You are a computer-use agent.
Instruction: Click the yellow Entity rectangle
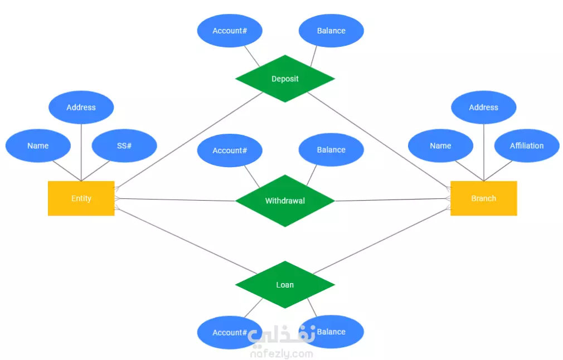tap(81, 198)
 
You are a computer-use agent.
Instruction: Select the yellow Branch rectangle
tap(484, 198)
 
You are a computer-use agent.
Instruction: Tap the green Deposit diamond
tap(285, 79)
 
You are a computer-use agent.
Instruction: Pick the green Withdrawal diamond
tap(285, 201)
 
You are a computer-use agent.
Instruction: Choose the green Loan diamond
tap(285, 285)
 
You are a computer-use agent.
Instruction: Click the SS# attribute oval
tap(124, 145)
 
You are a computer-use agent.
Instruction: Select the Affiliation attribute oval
tap(527, 145)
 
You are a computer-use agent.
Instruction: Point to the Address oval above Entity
tap(81, 108)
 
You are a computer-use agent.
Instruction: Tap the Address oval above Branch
tap(484, 108)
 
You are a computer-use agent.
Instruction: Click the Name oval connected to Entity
tap(38, 145)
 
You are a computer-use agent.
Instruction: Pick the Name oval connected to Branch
tap(440, 145)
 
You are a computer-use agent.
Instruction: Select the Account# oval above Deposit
tap(230, 31)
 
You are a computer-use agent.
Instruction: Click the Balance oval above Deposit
tap(331, 31)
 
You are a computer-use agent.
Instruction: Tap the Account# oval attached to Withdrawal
tap(230, 150)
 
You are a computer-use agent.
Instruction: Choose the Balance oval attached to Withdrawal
tap(331, 150)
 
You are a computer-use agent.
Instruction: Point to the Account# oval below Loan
tap(230, 333)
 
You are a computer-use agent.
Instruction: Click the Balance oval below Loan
tap(331, 332)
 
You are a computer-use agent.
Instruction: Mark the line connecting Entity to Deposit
tap(188, 140)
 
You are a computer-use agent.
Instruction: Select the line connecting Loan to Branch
tap(382, 241)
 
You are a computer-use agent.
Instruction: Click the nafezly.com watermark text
tap(281, 353)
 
